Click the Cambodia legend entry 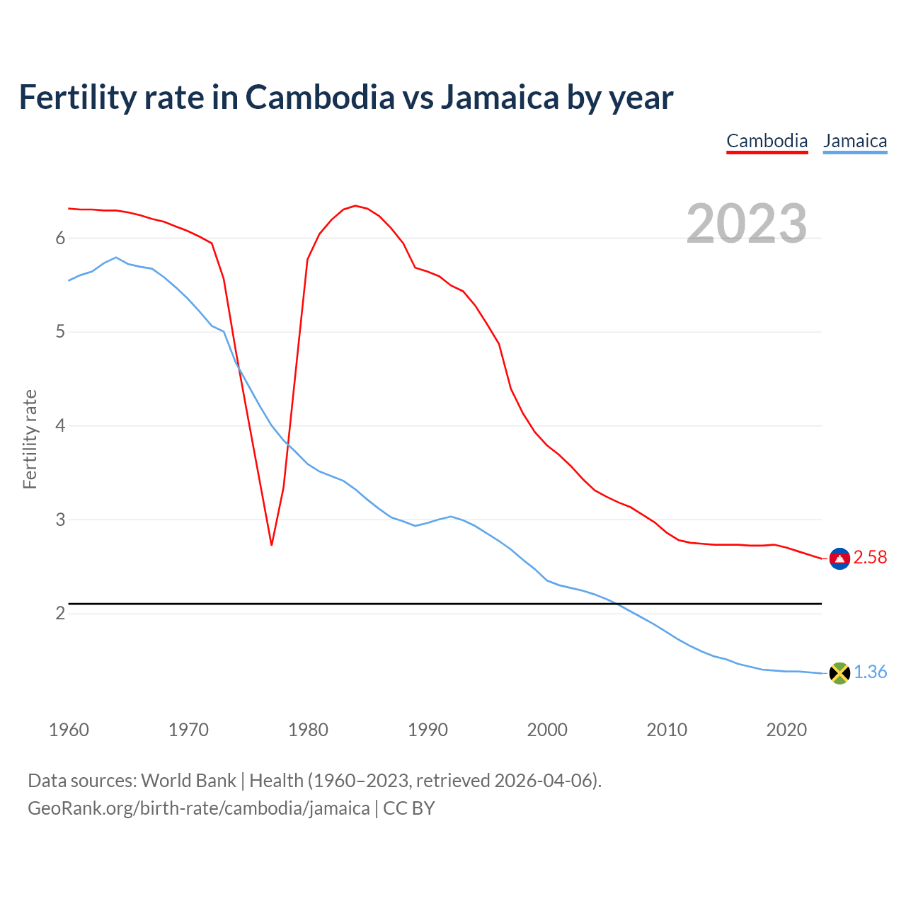pyautogui.click(x=767, y=141)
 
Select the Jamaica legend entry pyautogui.click(x=855, y=141)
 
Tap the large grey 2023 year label pyautogui.click(x=747, y=224)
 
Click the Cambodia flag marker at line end pyautogui.click(x=839, y=558)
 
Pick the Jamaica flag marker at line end pyautogui.click(x=839, y=673)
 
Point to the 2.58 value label pyautogui.click(x=870, y=558)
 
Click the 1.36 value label pyautogui.click(x=870, y=672)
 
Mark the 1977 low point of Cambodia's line pyautogui.click(x=271, y=544)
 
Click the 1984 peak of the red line pyautogui.click(x=355, y=206)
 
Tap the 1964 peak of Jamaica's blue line pyautogui.click(x=116, y=258)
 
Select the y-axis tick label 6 pyautogui.click(x=61, y=239)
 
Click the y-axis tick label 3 pyautogui.click(x=61, y=520)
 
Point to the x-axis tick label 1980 pyautogui.click(x=308, y=730)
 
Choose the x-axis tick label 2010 pyautogui.click(x=667, y=730)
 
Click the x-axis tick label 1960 pyautogui.click(x=69, y=730)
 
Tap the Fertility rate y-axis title pyautogui.click(x=30, y=439)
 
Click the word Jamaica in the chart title pyautogui.click(x=500, y=97)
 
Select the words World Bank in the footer pyautogui.click(x=188, y=781)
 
